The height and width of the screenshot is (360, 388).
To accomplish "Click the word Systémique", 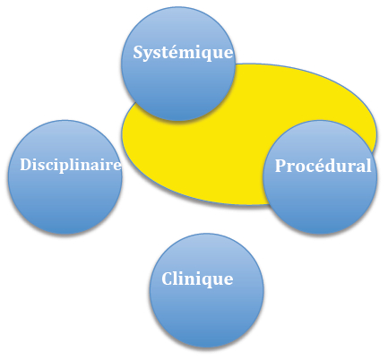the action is tap(183, 53).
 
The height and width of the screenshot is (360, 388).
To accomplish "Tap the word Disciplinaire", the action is tap(71, 165).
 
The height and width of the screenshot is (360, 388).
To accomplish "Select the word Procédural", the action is tap(323, 166).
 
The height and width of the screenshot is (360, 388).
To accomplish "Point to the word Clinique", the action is tap(197, 279).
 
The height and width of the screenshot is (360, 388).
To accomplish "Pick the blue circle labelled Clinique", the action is tap(207, 290).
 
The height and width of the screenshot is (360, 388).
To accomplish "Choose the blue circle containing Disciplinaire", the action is tap(65, 177).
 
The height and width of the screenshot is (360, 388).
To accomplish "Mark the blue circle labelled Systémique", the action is tap(178, 64).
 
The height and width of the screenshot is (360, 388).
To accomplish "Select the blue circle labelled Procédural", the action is tap(320, 177).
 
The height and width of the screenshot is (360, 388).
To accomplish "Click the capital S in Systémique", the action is tap(138, 52).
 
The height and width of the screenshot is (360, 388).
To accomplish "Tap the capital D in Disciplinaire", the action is tap(26, 165).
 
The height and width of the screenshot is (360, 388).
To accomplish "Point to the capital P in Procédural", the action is tap(280, 166).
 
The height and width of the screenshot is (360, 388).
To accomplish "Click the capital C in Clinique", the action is tap(168, 279).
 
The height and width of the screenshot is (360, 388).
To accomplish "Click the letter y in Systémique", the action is tap(150, 56).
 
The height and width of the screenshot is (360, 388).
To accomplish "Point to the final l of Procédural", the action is tap(368, 166).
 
